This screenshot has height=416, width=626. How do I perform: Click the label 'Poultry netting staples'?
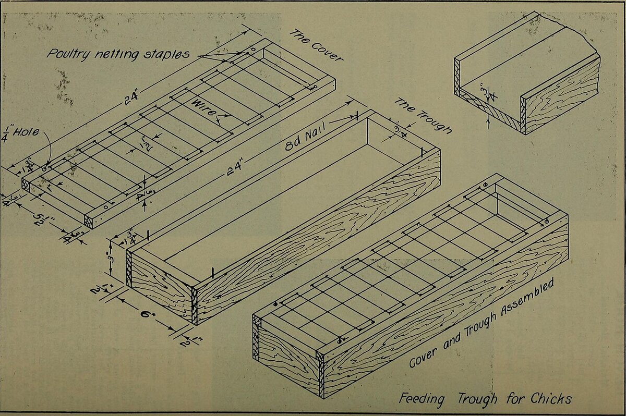[x=118, y=54]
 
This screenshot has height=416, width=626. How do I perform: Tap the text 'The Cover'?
[x=316, y=45]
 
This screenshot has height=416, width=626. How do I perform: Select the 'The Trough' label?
[x=422, y=115]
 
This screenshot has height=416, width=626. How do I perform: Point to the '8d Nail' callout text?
[x=304, y=137]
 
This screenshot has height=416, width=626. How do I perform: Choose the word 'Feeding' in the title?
[x=422, y=399]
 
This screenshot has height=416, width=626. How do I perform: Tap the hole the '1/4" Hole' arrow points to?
[x=45, y=168]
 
